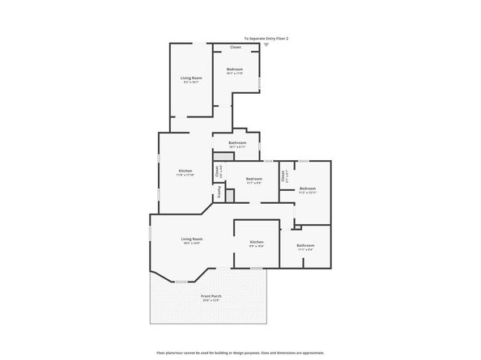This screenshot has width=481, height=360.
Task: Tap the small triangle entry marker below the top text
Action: (266, 44)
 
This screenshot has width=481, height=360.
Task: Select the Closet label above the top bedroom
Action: (235, 47)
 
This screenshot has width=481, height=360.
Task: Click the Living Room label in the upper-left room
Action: (191, 78)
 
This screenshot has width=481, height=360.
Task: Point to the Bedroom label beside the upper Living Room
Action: (235, 70)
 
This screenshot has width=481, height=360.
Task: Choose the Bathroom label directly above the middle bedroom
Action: (237, 142)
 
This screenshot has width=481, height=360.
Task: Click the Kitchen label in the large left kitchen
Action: (185, 171)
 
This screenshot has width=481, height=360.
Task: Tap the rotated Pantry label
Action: (218, 194)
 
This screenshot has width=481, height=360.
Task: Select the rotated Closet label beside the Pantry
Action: (217, 171)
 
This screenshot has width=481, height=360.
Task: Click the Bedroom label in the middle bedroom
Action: (254, 178)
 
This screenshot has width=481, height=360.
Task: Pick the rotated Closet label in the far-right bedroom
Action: (283, 174)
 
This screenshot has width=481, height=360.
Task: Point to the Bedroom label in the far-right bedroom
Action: (308, 188)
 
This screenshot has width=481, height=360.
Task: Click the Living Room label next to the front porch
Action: (191, 239)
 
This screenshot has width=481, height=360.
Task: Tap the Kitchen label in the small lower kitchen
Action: (257, 242)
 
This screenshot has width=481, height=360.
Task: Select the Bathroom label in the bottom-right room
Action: (305, 245)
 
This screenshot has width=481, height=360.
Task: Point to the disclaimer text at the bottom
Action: (240, 354)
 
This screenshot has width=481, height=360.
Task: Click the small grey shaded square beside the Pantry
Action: (230, 195)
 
